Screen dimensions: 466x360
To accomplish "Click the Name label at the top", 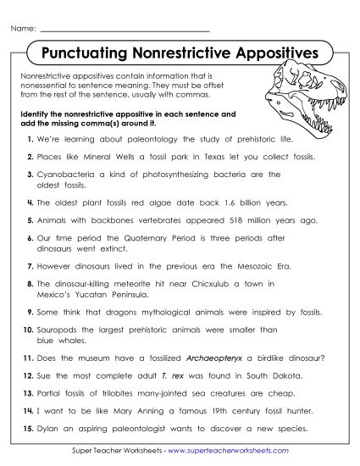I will coord(23,30).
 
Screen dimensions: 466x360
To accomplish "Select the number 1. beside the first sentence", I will coord(30,137).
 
